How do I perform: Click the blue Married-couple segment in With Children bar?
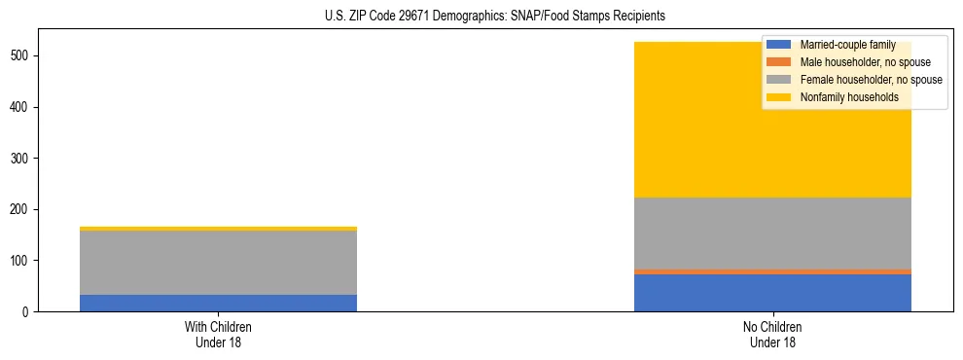pyautogui.click(x=218, y=303)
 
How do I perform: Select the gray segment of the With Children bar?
pyautogui.click(x=218, y=263)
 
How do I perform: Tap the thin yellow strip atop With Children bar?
pyautogui.click(x=218, y=229)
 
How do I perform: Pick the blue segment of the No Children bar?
pyautogui.click(x=772, y=293)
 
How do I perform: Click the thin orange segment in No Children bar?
pyautogui.click(x=772, y=271)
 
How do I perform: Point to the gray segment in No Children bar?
pyautogui.click(x=772, y=234)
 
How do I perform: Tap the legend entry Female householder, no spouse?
pyautogui.click(x=871, y=80)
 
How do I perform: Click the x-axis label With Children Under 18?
pyautogui.click(x=218, y=335)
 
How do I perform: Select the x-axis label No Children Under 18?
pyautogui.click(x=772, y=335)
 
